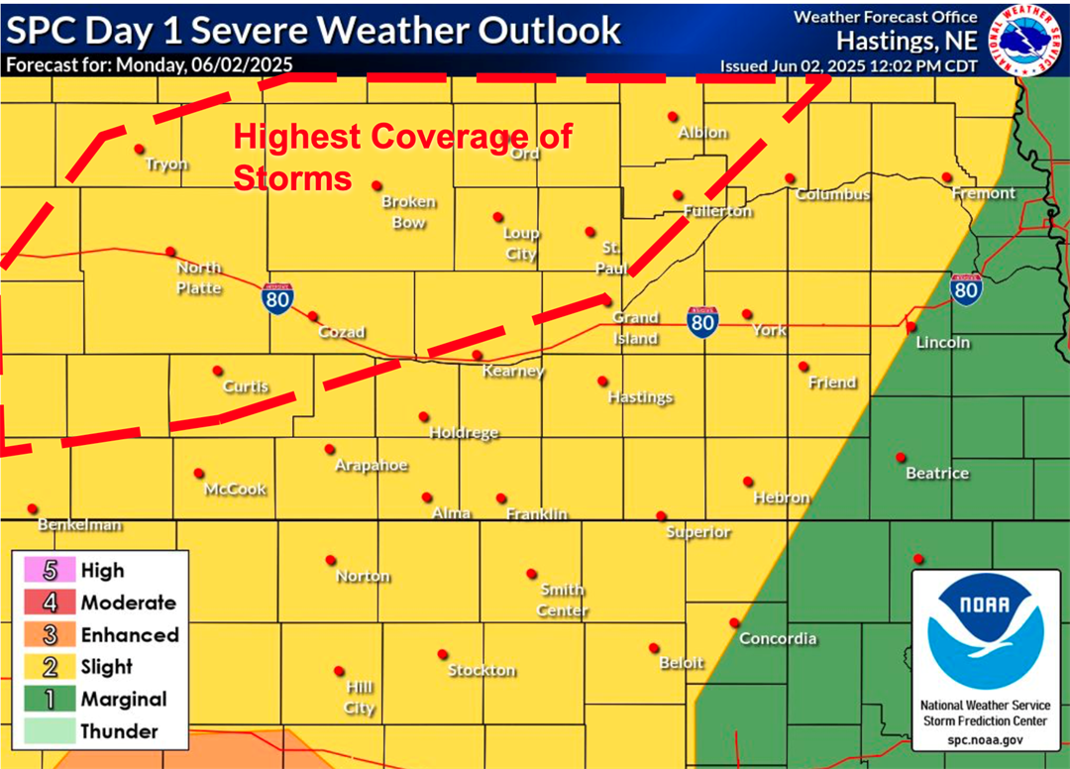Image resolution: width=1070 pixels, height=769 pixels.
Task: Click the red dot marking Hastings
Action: tap(602, 381)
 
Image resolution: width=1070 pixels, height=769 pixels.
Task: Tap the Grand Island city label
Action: tap(635, 328)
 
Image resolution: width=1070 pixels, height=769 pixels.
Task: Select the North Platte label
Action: tap(199, 277)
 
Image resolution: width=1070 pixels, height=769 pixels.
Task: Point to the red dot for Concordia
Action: tap(734, 622)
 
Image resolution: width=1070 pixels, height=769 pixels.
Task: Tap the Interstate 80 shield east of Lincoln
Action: tap(966, 288)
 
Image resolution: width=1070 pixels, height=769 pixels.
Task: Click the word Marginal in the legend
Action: tap(124, 699)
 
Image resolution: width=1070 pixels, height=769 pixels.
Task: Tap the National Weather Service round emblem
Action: tap(1030, 40)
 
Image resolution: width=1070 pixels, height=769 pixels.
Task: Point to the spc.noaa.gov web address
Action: tap(985, 739)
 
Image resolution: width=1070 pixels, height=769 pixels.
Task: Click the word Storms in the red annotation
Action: tap(292, 178)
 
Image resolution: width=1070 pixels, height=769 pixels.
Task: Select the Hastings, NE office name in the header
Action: tap(907, 42)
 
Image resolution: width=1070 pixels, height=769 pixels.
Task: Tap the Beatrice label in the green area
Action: tap(937, 474)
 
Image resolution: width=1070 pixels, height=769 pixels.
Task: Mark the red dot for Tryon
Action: tap(139, 149)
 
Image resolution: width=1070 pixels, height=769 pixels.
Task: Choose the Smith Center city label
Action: tap(563, 601)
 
